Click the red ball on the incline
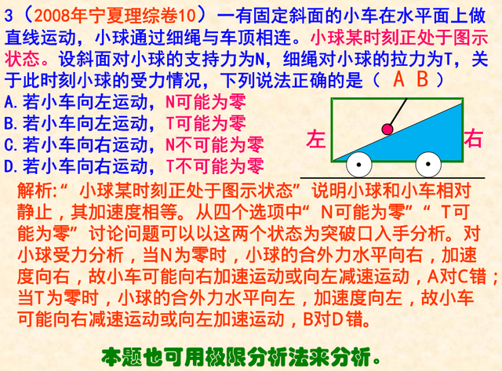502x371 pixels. pyautogui.click(x=387, y=129)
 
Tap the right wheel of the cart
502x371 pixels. pyautogui.click(x=428, y=165)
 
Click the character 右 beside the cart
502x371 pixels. pyautogui.click(x=474, y=139)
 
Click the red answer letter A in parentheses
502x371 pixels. pyautogui.click(x=399, y=79)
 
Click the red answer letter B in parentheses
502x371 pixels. pyautogui.click(x=422, y=79)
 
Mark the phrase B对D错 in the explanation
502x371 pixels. pyautogui.click(x=316, y=322)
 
